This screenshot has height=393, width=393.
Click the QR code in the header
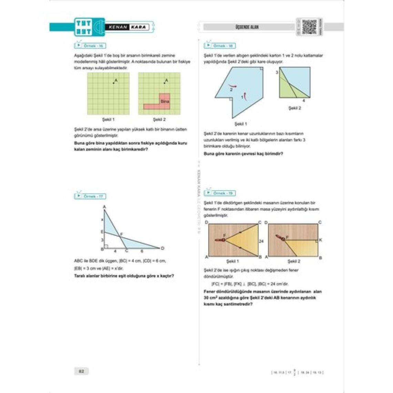pyautogui.click(x=309, y=27)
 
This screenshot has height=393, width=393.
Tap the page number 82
pyautogui.click(x=81, y=371)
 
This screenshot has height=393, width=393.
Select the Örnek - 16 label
pyautogui.click(x=91, y=46)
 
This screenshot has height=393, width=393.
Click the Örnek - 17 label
pyautogui.click(x=91, y=196)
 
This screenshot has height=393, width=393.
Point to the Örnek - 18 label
pyautogui.click(x=221, y=46)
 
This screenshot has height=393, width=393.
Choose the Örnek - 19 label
pyautogui.click(x=221, y=193)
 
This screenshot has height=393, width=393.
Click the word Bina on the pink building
pyautogui.click(x=165, y=101)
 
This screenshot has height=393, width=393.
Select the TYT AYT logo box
pyautogui.click(x=83, y=27)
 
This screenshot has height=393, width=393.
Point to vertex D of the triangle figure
pyautogui.click(x=162, y=248)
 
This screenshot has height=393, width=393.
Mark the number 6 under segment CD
pyautogui.click(x=142, y=251)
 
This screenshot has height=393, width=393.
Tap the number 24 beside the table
pyautogui.click(x=261, y=241)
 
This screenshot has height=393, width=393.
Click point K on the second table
pyautogui.click(x=320, y=240)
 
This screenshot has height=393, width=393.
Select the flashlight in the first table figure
pyautogui.click(x=220, y=240)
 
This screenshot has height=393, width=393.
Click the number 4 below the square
pyautogui.click(x=303, y=101)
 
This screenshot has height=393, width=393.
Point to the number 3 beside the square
pyautogui.click(x=276, y=72)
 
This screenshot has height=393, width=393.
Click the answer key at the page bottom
pyautogui.click(x=297, y=372)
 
